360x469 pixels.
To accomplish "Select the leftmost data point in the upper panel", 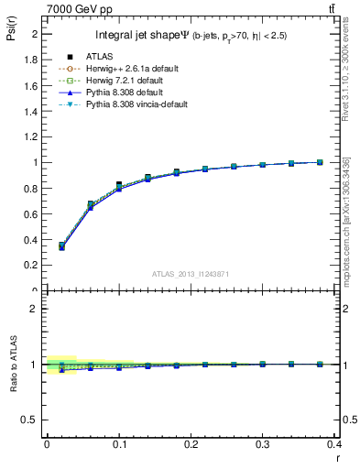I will point(61,245).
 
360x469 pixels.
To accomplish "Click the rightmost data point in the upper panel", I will point(320,162).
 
